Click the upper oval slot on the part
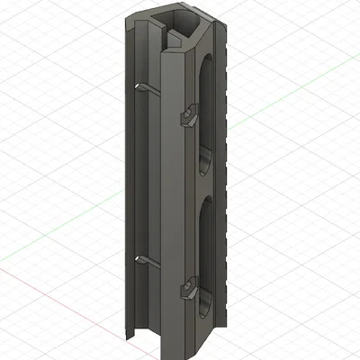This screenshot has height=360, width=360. coord(205,112)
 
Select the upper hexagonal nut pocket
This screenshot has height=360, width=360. coord(189,117)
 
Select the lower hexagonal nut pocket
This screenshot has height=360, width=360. coord(189,290)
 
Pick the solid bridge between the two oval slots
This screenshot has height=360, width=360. coord(206,184)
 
